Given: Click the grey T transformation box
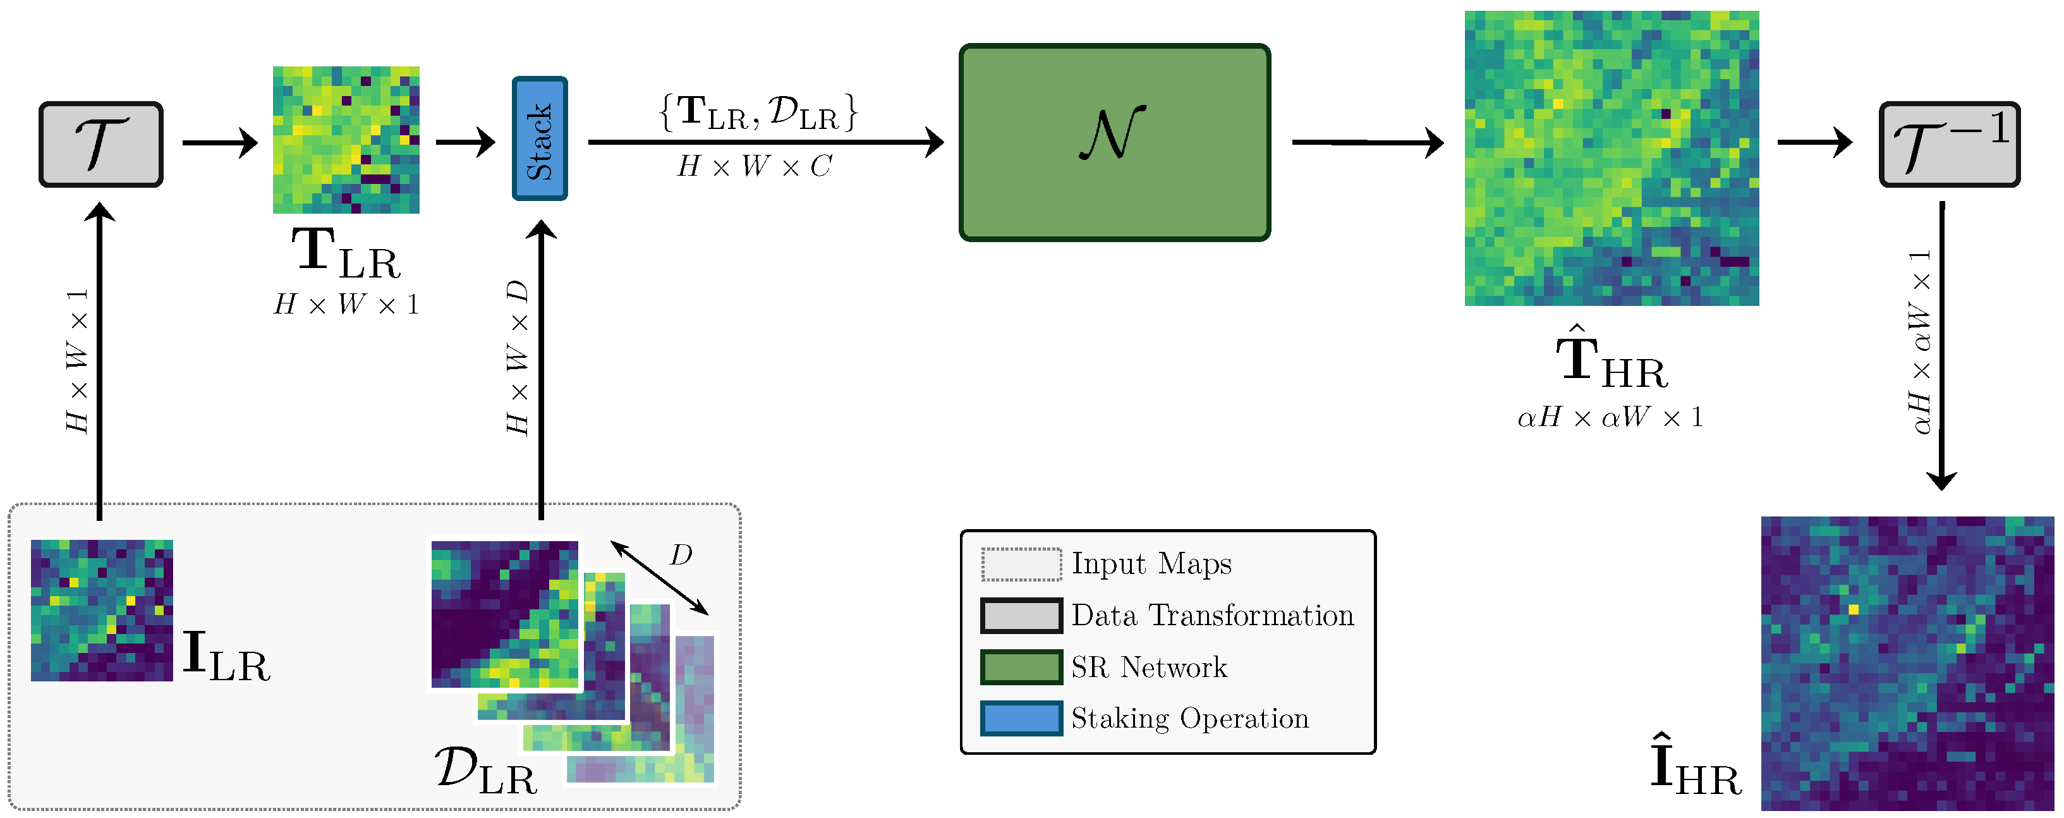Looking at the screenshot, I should (x=101, y=144).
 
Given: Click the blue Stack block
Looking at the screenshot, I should (x=539, y=138).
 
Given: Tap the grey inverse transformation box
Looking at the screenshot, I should (x=1948, y=144).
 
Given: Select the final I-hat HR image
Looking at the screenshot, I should (x=1907, y=662).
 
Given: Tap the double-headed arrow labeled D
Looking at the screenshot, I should (x=659, y=578).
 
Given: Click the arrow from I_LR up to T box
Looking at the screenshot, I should (x=99, y=360).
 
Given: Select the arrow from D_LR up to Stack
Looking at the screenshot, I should (x=542, y=369).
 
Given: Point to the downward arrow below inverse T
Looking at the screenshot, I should (x=1941, y=345).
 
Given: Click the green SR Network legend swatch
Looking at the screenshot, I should (x=1021, y=666).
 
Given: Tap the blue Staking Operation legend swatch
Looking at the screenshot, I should (x=1021, y=718).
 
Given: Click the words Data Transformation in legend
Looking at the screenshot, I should (x=1211, y=615).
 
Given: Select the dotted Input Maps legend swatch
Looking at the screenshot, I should (x=1021, y=564).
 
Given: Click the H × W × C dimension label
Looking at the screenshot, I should (x=754, y=167).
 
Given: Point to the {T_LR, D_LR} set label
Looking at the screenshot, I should (x=757, y=112).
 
